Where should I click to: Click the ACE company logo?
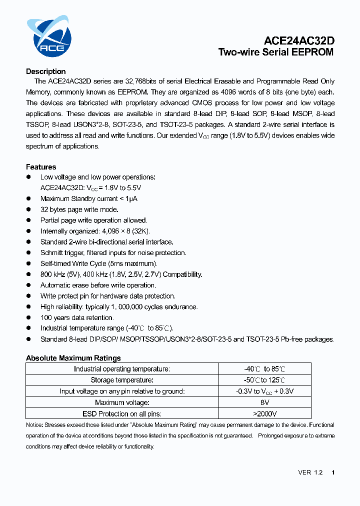coord(49,36)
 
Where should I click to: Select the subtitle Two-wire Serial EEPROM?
coord(275,52)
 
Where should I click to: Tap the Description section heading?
coord(45,71)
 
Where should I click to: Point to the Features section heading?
coord(41,167)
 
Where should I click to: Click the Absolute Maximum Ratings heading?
coord(73,358)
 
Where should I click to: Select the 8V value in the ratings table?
coord(264,402)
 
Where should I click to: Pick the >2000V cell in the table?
coord(264,413)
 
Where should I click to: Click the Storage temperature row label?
coord(122,380)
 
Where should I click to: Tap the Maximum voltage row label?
coord(122,402)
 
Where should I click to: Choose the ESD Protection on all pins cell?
coord(122,413)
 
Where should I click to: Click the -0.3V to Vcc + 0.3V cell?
coord(264,391)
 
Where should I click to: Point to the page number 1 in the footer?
coord(333,472)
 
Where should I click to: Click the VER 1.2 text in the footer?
coord(310,472)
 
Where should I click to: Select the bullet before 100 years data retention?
coord(28,317)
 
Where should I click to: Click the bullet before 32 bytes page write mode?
coord(28,209)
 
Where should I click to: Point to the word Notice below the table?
coord(34,425)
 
